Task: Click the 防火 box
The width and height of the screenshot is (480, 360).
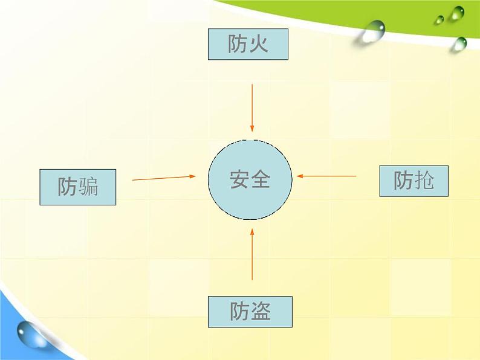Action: (x=248, y=45)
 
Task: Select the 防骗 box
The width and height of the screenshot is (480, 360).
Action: (x=77, y=187)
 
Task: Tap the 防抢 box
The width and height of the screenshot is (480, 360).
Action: (x=414, y=180)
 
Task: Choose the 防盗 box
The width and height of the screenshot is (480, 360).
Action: (x=250, y=311)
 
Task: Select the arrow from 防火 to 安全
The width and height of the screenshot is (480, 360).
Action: (x=252, y=108)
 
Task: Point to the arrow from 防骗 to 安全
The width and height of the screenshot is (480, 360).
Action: (x=164, y=178)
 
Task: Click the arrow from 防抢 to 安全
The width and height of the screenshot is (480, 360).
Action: (x=327, y=176)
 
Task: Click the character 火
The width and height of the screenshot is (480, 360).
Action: (x=258, y=44)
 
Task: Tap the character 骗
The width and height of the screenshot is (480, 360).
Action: (x=88, y=187)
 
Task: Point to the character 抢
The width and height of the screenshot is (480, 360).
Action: (x=424, y=180)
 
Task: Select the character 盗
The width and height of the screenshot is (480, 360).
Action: (x=261, y=312)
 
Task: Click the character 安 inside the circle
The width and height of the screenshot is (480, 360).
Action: (x=239, y=179)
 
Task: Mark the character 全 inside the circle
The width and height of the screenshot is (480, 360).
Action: (x=260, y=179)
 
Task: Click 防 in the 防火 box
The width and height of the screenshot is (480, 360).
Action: (x=238, y=44)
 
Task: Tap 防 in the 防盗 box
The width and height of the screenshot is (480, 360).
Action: (x=239, y=312)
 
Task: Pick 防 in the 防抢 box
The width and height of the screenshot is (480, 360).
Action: (x=403, y=180)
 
